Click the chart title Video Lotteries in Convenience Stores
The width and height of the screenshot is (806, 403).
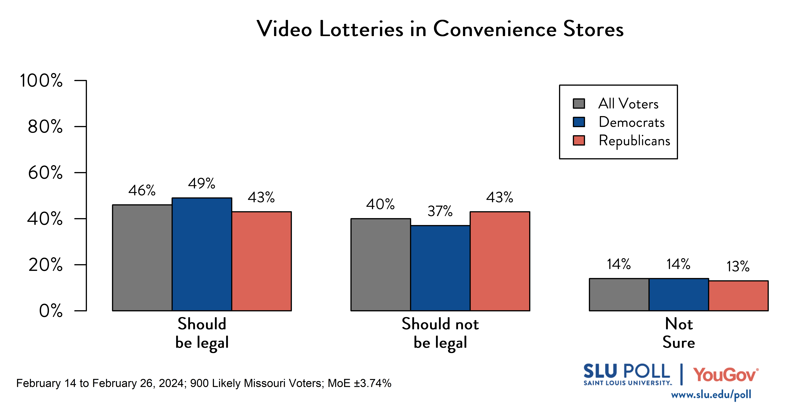440,29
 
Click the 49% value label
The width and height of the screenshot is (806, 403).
201,183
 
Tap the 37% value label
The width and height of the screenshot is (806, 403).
440,211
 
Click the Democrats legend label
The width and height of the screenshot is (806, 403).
631,122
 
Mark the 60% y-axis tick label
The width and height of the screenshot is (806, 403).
45,172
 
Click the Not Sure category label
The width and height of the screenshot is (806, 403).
679,333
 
